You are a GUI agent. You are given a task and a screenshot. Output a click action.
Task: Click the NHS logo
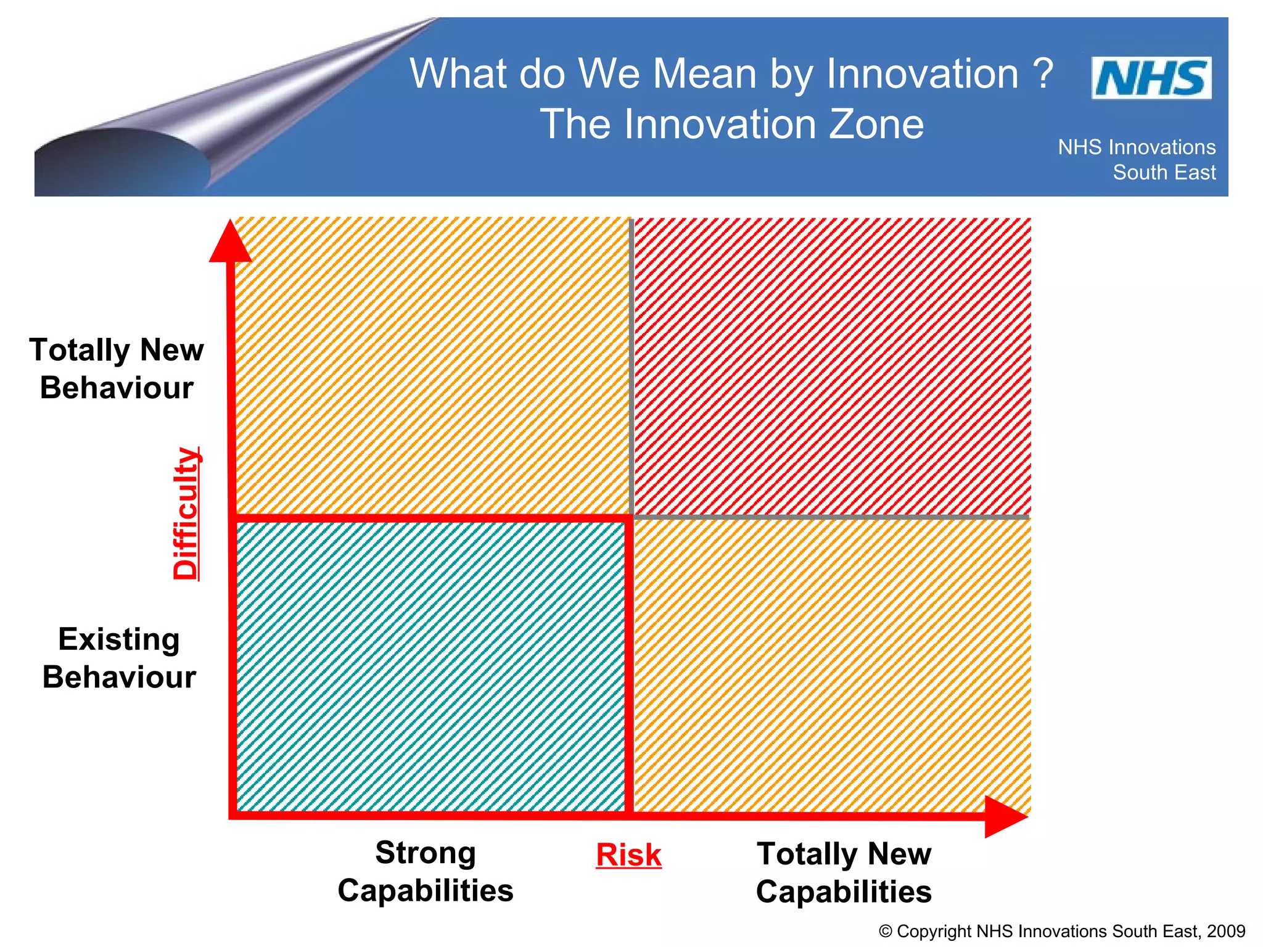coord(1151,78)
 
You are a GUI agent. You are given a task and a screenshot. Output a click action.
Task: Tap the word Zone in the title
coord(876,125)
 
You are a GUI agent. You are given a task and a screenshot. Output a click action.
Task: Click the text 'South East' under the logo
coord(1164,173)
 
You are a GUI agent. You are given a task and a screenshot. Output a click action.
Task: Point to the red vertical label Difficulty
coord(186,514)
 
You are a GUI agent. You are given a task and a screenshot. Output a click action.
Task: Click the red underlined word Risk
coord(628,856)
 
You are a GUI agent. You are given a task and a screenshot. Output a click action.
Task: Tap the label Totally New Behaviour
coord(117,369)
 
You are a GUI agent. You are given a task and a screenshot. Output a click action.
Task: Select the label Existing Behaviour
coord(119,658)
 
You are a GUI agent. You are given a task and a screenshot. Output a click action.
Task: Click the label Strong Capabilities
coord(426,872)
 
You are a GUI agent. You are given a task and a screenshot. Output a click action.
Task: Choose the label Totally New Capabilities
coord(844,873)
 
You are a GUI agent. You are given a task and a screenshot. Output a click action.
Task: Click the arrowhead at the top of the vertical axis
coord(230,242)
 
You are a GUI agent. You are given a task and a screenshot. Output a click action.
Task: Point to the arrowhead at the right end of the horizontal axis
coord(1004,816)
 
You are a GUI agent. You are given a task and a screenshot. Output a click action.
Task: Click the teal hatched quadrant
coord(432,666)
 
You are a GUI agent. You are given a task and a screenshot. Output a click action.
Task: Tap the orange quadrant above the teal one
coord(432,366)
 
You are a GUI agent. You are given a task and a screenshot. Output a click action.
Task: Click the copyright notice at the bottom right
coord(1061,931)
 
